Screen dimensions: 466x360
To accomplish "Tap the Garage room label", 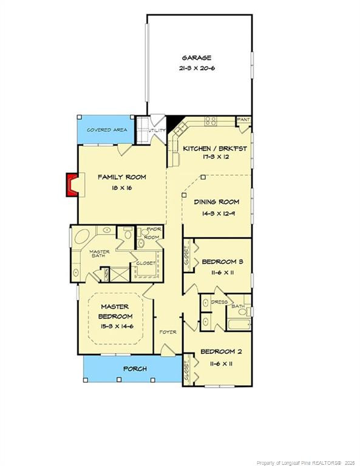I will coord(197,58).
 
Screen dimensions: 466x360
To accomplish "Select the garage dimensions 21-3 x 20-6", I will coord(198,69).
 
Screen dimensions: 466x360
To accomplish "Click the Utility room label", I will coord(158,130).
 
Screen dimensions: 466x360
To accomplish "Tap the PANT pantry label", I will coord(244,120).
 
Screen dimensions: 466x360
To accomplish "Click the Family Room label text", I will coord(122,177).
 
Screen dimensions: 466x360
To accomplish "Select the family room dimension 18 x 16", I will coord(122,188).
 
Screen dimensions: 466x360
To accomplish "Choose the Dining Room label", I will coord(216,202).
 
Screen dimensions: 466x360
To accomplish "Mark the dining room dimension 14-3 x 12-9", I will coord(216,214).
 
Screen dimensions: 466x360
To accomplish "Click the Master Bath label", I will coord(99,254).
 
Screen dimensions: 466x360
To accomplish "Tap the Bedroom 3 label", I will coord(223,262).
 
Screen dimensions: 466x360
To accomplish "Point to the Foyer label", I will coord(168,332).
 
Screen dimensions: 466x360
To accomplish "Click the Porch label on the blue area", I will coord(135,368).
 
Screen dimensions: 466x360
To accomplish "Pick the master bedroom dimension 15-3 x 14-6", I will coord(117,327).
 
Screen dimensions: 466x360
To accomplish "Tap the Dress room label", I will coord(219,302).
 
